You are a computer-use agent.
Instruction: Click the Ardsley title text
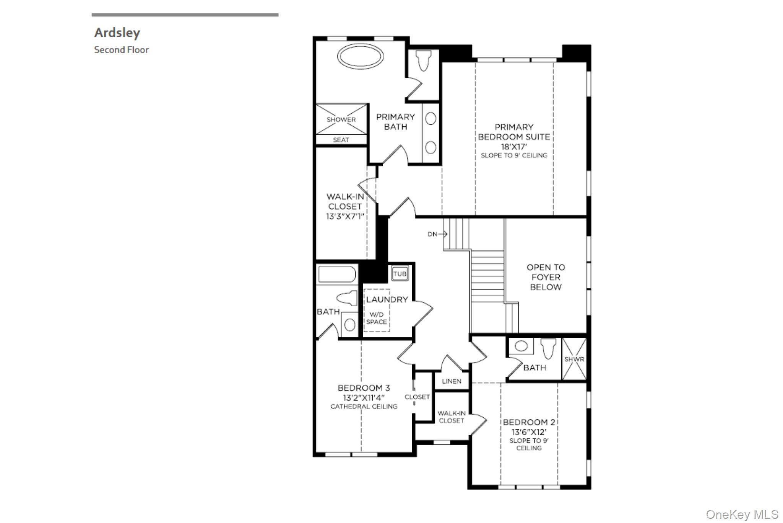click(117, 33)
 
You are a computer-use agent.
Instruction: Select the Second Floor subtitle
click(121, 50)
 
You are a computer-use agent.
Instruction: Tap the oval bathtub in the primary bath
click(360, 57)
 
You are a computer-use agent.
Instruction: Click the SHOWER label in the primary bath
click(341, 119)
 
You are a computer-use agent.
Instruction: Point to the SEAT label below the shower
click(341, 140)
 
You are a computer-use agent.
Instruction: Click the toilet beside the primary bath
click(423, 60)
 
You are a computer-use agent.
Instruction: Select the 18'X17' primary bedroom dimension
click(514, 147)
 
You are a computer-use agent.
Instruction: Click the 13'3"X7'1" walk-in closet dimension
click(345, 216)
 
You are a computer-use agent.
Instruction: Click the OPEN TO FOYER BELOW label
click(546, 277)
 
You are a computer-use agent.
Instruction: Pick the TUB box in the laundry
click(400, 274)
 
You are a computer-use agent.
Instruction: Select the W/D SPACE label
click(377, 318)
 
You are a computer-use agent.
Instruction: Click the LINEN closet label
click(452, 381)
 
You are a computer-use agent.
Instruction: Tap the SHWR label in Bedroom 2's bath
click(574, 360)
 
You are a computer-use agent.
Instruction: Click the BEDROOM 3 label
click(364, 388)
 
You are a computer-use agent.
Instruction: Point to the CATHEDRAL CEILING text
click(364, 407)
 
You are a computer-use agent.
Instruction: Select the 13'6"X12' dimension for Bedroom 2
click(529, 432)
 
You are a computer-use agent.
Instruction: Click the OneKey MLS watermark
click(742, 514)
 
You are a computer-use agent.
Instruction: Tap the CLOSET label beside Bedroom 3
click(417, 397)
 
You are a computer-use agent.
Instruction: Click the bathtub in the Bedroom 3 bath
click(337, 274)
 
